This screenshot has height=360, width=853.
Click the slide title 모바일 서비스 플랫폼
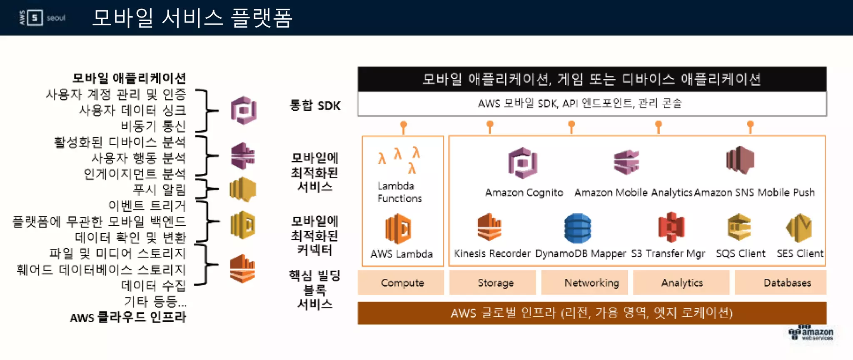pyautogui.click(x=192, y=18)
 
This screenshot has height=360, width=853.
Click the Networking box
pyautogui.click(x=591, y=282)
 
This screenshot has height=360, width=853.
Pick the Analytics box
pyautogui.click(x=682, y=282)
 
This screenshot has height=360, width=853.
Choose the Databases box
pyautogui.click(x=787, y=282)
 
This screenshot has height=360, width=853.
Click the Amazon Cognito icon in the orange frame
pyautogui.click(x=523, y=162)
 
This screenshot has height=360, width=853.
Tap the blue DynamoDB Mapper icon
pyautogui.click(x=577, y=228)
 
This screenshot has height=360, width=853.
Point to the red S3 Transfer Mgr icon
pyautogui.click(x=671, y=227)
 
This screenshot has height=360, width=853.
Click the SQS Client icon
pyautogui.click(x=739, y=227)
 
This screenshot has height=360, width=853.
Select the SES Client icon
pyautogui.click(x=799, y=227)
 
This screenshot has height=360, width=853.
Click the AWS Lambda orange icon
pyautogui.click(x=398, y=228)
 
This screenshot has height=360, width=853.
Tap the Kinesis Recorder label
pyautogui.click(x=492, y=253)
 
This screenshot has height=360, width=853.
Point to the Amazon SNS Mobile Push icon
pyautogui.click(x=740, y=160)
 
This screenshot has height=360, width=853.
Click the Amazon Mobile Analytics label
pyautogui.click(x=633, y=192)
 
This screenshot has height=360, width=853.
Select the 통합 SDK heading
pyautogui.click(x=315, y=105)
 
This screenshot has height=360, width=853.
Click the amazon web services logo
pyautogui.click(x=811, y=333)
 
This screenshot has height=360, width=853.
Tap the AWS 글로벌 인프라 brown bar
pyautogui.click(x=591, y=313)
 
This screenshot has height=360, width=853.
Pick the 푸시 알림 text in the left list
pyautogui.click(x=159, y=190)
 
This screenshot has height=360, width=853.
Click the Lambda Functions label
pyautogui.click(x=399, y=192)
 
